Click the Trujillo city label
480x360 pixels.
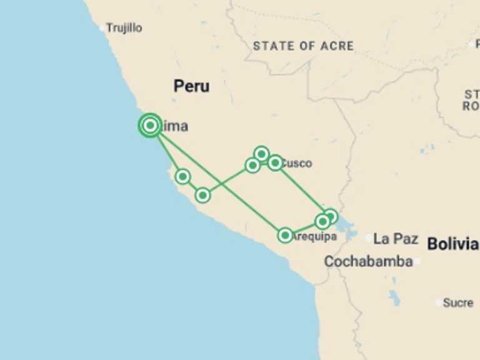tap(124, 28)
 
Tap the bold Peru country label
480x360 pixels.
tap(191, 86)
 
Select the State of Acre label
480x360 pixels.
tap(303, 46)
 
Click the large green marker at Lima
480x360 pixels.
tap(150, 126)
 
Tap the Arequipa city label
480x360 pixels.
tap(315, 236)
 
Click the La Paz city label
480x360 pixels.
tap(395, 239)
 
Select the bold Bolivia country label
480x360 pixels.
tap(452, 244)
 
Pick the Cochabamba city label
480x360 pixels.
tap(368, 261)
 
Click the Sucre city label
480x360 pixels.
tap(457, 302)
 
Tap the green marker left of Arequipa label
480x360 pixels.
tap(285, 235)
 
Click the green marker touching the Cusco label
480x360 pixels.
tap(275, 163)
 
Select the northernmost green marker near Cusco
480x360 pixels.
tap(262, 153)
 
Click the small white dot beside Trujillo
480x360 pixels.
tap(102, 28)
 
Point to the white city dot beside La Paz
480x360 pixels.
tap(369, 238)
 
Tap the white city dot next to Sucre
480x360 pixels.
tap(439, 303)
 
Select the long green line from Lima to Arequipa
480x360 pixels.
tap(219, 181)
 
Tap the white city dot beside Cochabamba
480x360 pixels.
tap(417, 262)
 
